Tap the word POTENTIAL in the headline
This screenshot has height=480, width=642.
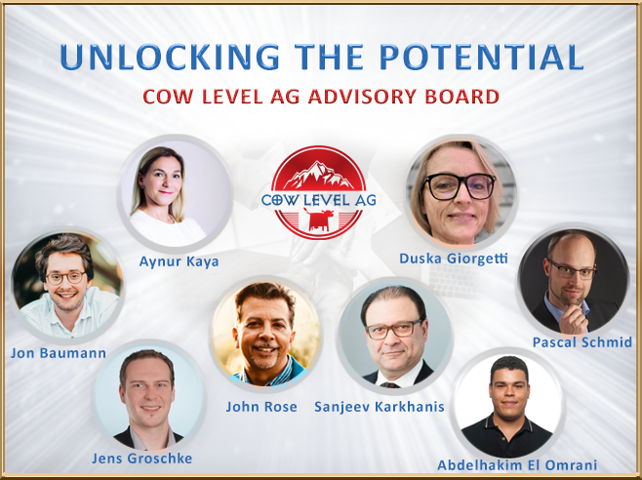pyautogui.click(x=482, y=57)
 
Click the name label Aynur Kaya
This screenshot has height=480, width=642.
pyautogui.click(x=179, y=261)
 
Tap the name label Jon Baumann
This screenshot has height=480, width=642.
pyautogui.click(x=59, y=353)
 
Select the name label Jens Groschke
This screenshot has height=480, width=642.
pyautogui.click(x=141, y=459)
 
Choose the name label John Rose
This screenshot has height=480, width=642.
pyautogui.click(x=261, y=407)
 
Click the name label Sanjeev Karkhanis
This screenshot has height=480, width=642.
pyautogui.click(x=380, y=407)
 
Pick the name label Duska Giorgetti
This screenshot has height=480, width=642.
pyautogui.click(x=454, y=259)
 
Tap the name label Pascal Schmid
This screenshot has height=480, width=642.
pyautogui.click(x=582, y=342)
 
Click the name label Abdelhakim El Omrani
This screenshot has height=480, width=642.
pyautogui.click(x=517, y=465)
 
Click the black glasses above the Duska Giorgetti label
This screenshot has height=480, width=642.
pyautogui.click(x=459, y=186)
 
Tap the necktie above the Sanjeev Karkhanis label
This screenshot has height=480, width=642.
pyautogui.click(x=388, y=385)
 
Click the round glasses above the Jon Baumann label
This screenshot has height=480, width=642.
pyautogui.click(x=65, y=278)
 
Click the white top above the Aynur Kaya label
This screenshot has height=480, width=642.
pyautogui.click(x=168, y=228)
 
